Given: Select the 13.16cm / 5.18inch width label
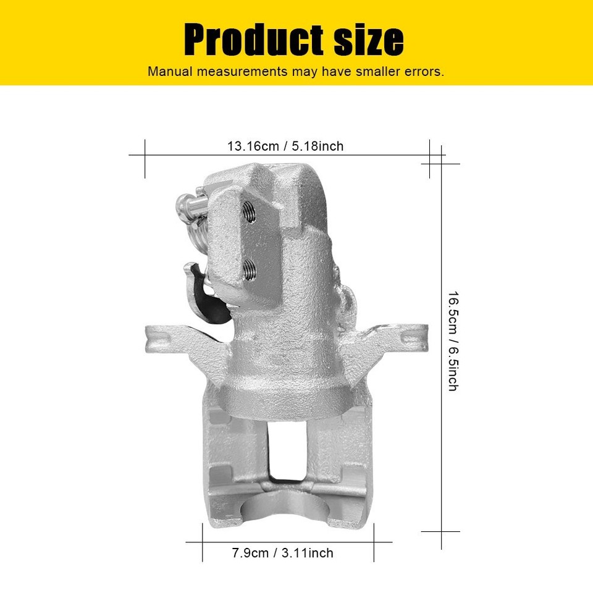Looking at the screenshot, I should pos(285,146).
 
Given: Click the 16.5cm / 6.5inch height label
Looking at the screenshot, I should pos(452,340).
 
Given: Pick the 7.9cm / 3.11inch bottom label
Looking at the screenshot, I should pos(282,553).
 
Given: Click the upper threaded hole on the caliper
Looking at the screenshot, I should pos(250,213).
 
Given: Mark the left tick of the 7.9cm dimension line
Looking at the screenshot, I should pos(203,542).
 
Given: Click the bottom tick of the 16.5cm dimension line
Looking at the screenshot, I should pos(442,531).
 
